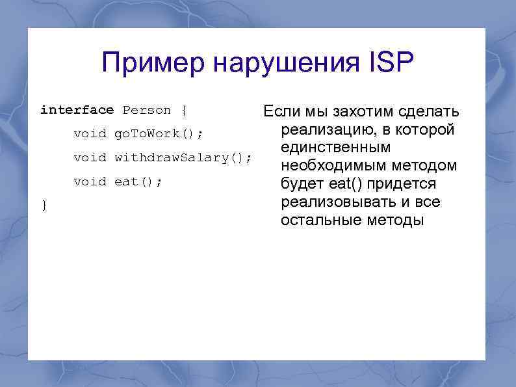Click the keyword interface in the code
click(77, 110)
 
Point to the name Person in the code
click(147, 110)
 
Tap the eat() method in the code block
click(138, 181)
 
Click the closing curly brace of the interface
click(44, 206)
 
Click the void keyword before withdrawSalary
click(90, 157)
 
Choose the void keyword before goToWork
click(90, 134)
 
